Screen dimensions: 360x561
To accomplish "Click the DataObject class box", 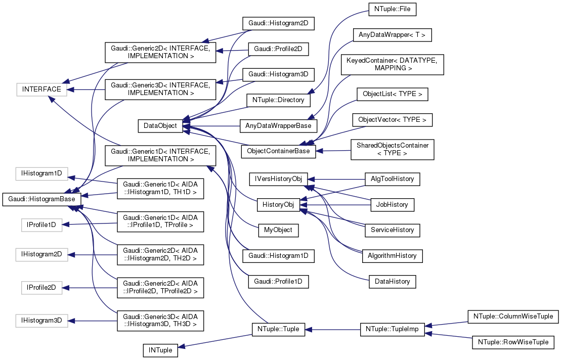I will [x=160, y=126].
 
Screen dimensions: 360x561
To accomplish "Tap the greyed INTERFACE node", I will [x=41, y=89].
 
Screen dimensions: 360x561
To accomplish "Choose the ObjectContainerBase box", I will [x=278, y=151].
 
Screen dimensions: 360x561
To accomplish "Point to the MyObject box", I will [x=278, y=230].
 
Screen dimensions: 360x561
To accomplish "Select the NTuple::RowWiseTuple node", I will [x=513, y=342].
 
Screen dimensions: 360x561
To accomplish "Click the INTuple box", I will [x=160, y=350].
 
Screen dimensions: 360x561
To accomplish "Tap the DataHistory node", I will [x=392, y=281].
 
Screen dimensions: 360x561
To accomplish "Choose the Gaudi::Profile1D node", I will [x=278, y=281].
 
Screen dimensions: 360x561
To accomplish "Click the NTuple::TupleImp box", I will [x=392, y=329].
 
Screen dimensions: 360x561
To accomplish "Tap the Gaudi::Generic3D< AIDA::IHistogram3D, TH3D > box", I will [x=160, y=321].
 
